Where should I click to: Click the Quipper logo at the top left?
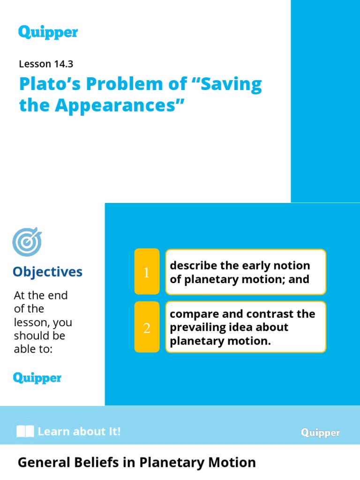48,32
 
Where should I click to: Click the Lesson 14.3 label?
46,65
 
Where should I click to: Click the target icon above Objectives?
27,242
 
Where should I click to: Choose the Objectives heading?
47,272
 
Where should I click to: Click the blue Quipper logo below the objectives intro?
37,377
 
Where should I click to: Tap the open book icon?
25,432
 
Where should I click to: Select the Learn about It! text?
79,431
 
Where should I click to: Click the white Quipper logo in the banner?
320,433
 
